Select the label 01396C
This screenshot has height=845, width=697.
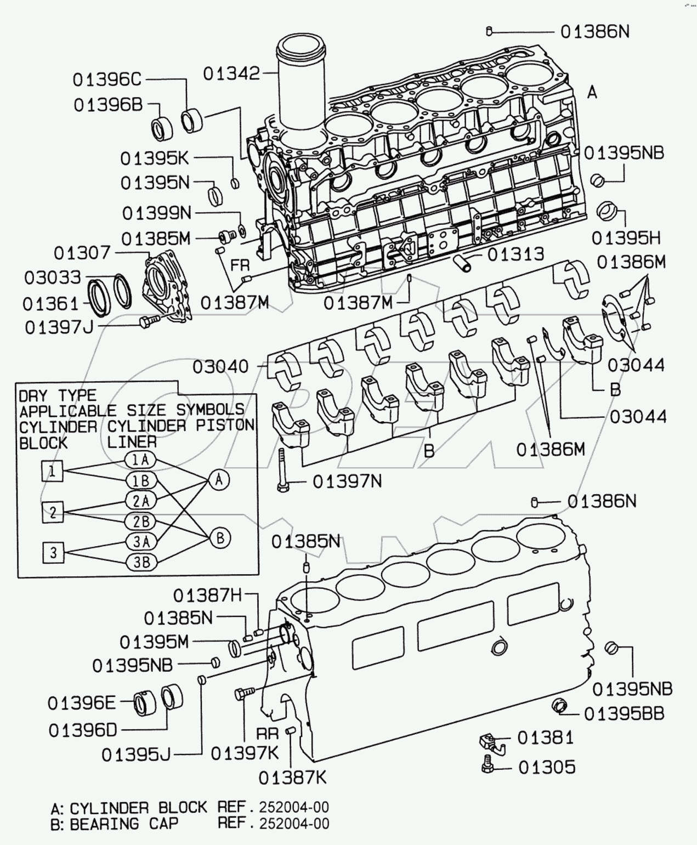(x=107, y=80)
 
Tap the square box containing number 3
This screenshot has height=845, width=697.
(x=53, y=552)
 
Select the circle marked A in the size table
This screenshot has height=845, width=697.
(x=219, y=480)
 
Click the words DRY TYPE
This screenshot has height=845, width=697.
(x=58, y=395)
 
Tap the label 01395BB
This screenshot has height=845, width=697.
(x=624, y=713)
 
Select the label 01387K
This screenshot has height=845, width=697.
(x=292, y=777)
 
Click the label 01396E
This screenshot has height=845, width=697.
(x=82, y=703)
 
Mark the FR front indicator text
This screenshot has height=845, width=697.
(x=240, y=265)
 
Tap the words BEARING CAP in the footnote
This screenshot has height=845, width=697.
(x=124, y=824)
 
